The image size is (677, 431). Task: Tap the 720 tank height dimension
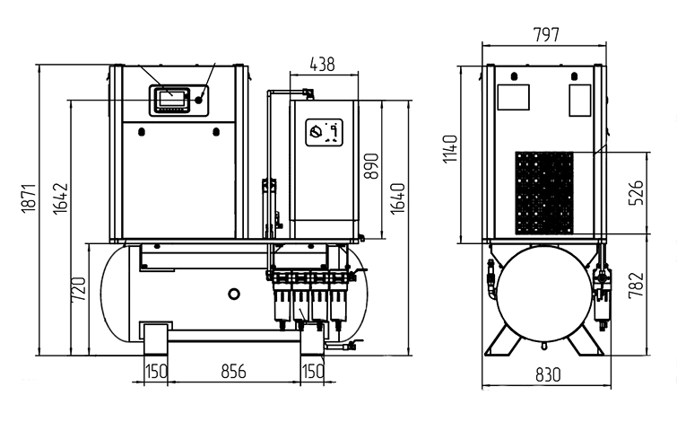point(78,288)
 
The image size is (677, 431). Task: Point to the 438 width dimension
point(322,64)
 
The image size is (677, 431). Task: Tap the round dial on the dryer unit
point(315,132)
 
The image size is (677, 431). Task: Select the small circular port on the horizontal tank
point(235,294)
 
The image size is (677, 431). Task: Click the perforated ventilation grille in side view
point(542,191)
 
